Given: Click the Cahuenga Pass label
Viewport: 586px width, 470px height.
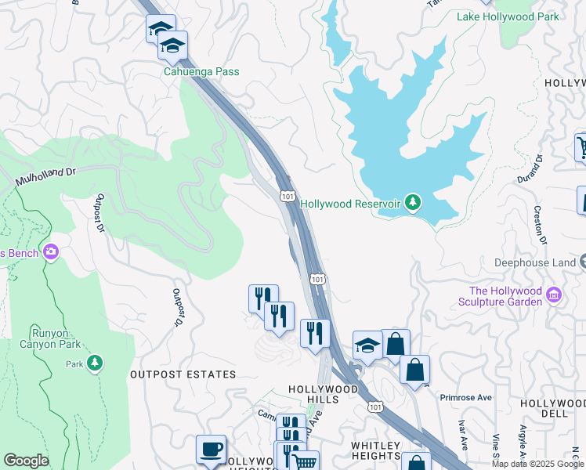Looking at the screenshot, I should pos(201,72).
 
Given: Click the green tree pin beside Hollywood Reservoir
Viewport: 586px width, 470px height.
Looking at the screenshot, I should pos(414,204).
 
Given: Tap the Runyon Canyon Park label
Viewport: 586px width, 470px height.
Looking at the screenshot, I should pos(56,338).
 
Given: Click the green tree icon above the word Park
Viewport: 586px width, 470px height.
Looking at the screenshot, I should pos(95,363).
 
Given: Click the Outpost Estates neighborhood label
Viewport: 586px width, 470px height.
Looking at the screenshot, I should pos(183,374).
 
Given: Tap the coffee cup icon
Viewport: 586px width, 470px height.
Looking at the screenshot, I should pos(211,449).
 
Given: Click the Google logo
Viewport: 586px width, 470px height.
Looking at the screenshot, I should pos(26,461).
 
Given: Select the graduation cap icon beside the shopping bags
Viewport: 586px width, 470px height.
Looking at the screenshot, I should pos(367,345).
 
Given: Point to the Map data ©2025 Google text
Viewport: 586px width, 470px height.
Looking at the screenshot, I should pos(537,464).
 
